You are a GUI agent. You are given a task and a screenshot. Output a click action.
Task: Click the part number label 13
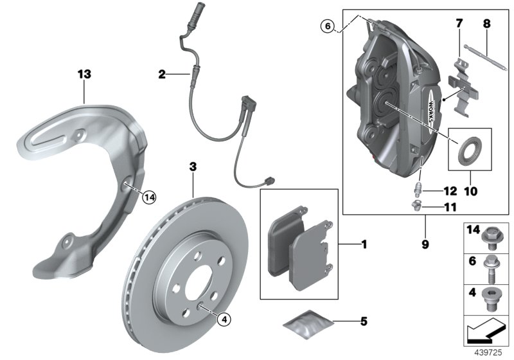point(84,75)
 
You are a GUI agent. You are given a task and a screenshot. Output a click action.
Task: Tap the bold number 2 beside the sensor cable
point(163,75)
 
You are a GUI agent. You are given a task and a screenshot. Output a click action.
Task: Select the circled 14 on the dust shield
point(149,197)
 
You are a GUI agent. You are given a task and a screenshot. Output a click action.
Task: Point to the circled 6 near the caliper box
point(328,26)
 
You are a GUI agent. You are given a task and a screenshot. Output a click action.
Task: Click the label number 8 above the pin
point(486,24)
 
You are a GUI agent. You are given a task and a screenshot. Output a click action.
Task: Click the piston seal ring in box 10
point(470,149)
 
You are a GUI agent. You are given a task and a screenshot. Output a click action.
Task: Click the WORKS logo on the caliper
point(439,112)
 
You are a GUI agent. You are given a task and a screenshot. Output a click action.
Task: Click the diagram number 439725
point(490,353)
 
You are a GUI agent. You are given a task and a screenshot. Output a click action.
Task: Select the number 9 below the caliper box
point(425,244)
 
